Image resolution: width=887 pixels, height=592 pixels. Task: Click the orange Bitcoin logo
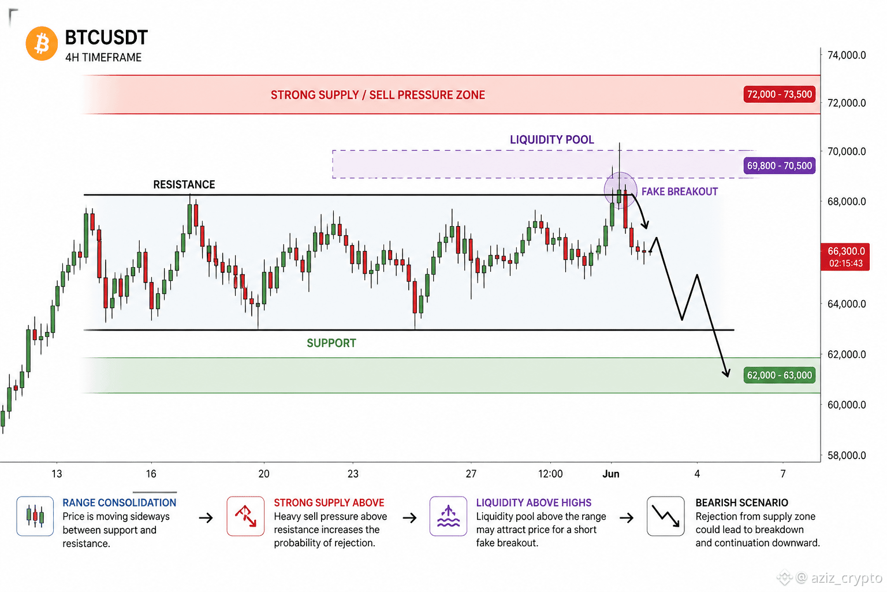click(x=42, y=43)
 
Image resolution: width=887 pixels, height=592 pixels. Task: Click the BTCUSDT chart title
click(x=106, y=38)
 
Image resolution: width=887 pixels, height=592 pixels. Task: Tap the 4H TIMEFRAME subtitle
click(x=103, y=57)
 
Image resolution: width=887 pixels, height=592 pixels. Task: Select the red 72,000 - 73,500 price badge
click(x=779, y=94)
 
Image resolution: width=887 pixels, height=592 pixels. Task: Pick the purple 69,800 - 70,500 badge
click(x=779, y=166)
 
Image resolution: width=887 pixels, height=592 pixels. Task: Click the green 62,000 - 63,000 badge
click(x=779, y=375)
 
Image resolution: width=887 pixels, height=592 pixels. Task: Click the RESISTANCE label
click(x=184, y=184)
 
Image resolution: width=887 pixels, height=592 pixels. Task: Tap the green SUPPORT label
click(x=331, y=343)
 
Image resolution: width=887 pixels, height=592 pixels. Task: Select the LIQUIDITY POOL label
click(x=552, y=139)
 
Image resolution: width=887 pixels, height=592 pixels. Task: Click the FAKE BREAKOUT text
click(x=680, y=191)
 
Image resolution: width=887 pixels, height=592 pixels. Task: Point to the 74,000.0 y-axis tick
click(x=847, y=55)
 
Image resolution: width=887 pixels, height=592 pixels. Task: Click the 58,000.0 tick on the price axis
click(x=847, y=455)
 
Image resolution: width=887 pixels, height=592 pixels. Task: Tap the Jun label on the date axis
click(x=610, y=474)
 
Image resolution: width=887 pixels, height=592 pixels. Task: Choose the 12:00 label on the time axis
click(x=550, y=474)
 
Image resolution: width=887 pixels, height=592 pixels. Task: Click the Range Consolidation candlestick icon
click(x=35, y=516)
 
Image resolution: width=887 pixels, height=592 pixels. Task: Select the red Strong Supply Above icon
click(x=245, y=516)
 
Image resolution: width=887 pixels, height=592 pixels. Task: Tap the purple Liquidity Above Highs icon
click(x=448, y=516)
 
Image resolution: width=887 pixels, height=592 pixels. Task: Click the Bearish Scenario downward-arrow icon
click(x=666, y=516)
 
